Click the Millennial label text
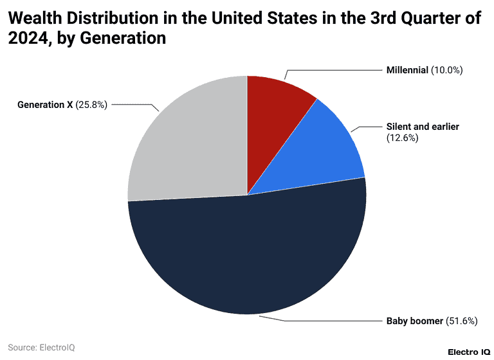[x=407, y=70]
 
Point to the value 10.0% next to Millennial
[x=447, y=70]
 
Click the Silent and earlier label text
[x=423, y=127]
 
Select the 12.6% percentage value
[x=402, y=138]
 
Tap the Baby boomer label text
[x=414, y=321]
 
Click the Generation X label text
[x=45, y=104]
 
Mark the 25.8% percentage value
[x=91, y=104]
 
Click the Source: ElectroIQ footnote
[x=42, y=347]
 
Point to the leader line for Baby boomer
[x=334, y=320]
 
